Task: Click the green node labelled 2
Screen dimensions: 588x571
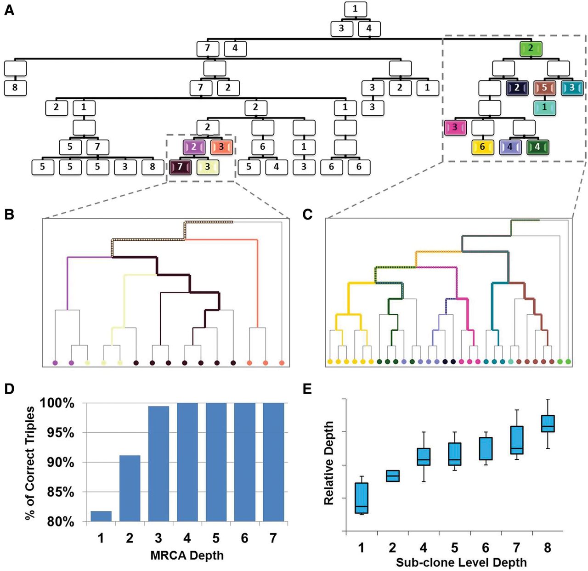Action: click(531, 48)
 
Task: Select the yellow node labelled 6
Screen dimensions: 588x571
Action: click(482, 147)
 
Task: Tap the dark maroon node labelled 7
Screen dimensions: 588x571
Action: click(180, 167)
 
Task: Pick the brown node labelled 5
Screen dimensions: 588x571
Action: click(544, 88)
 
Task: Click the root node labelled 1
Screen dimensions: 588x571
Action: click(356, 9)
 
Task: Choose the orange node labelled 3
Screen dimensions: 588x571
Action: click(221, 147)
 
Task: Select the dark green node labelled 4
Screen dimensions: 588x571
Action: click(537, 147)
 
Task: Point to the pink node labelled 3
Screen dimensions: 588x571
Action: click(455, 128)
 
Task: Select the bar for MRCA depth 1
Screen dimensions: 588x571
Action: click(101, 516)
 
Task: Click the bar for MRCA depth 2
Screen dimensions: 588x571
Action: click(130, 488)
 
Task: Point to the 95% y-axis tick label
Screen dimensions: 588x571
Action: click(60, 433)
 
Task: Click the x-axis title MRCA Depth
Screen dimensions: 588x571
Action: click(187, 555)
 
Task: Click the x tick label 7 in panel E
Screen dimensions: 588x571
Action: click(516, 548)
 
